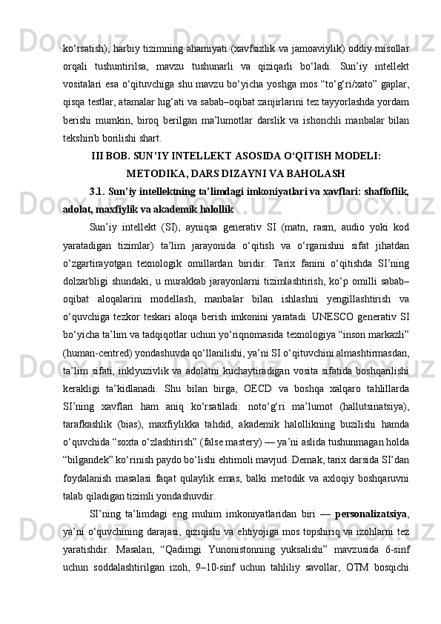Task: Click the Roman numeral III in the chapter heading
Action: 98,157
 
